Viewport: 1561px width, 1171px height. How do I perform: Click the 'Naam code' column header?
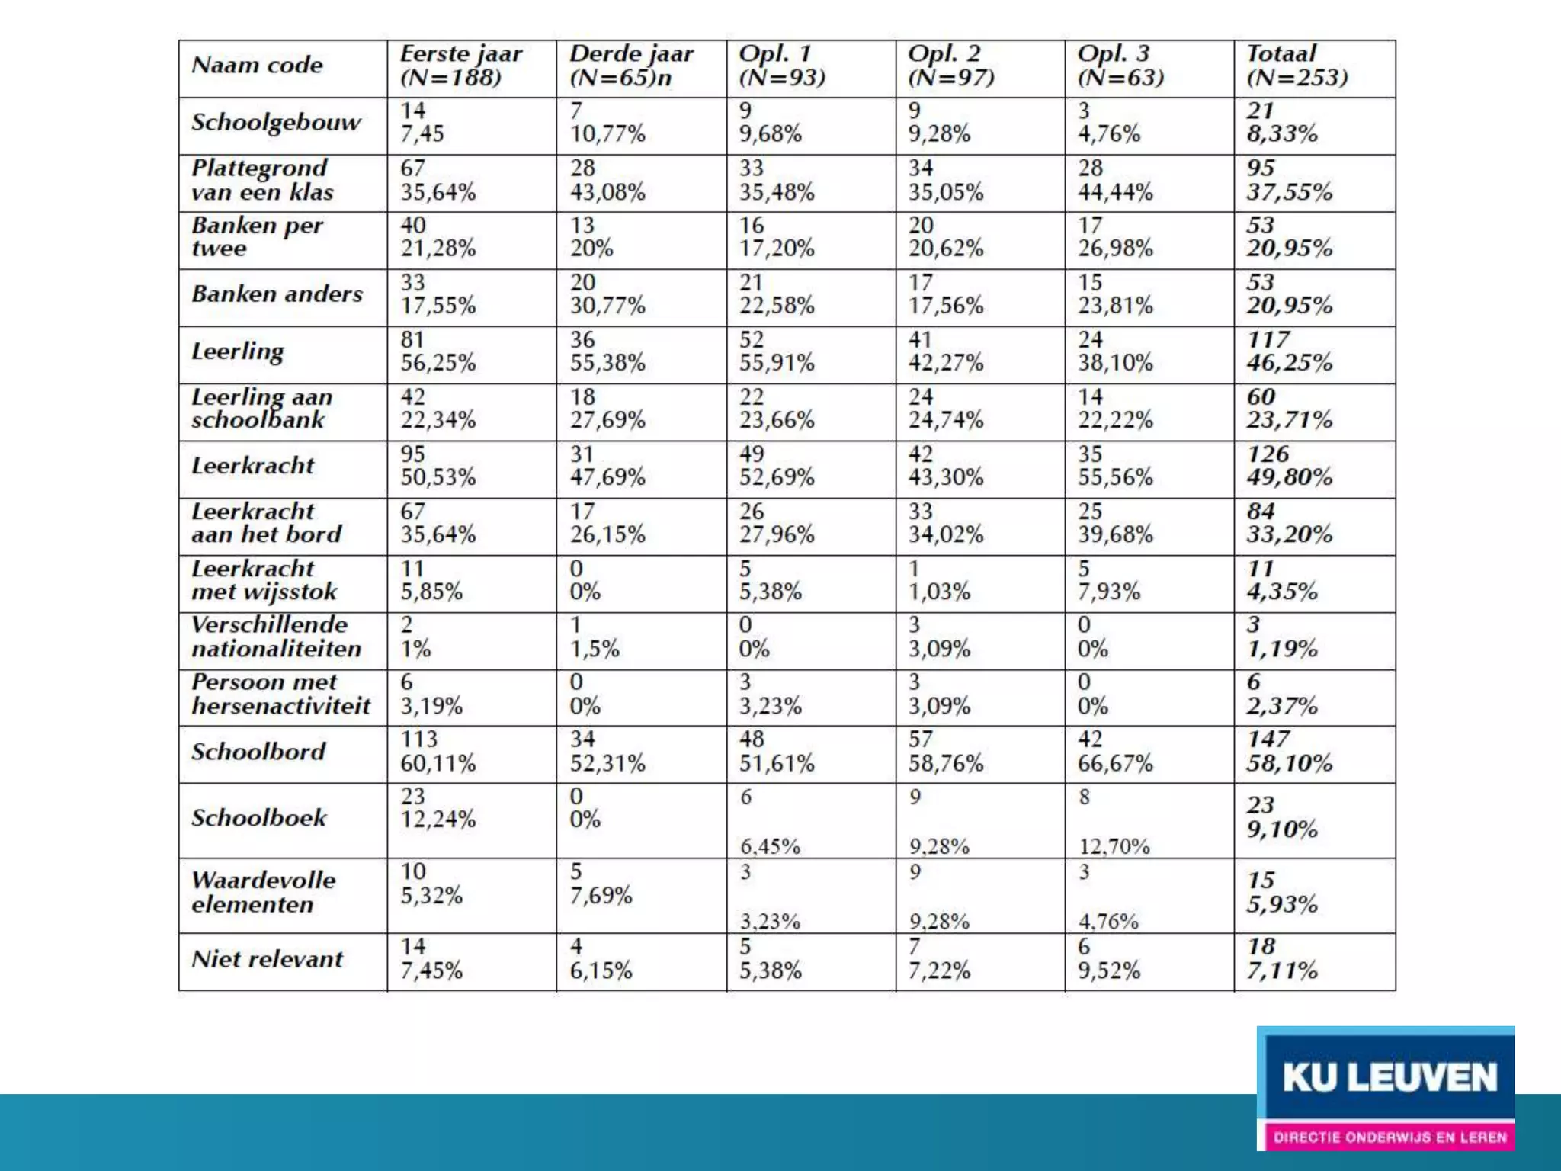click(x=258, y=66)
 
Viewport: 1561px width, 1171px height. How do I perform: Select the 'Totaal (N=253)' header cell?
click(x=1297, y=66)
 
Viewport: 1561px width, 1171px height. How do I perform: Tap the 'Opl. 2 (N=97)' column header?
click(x=951, y=66)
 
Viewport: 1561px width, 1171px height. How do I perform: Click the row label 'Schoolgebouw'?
click(x=276, y=123)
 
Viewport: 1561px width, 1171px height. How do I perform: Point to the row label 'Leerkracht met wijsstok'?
click(x=264, y=580)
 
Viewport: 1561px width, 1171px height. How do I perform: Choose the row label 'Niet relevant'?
click(x=268, y=959)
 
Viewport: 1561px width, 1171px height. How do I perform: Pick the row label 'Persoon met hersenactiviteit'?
click(x=280, y=695)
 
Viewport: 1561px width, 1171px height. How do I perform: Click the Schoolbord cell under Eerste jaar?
click(x=438, y=752)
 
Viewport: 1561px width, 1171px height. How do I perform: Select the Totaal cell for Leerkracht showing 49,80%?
click(x=1290, y=466)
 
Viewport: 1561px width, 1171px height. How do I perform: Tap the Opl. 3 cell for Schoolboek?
click(x=1114, y=821)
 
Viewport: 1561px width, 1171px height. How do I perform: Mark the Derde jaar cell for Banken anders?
click(x=607, y=294)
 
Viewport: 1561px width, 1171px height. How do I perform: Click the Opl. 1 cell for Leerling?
click(x=777, y=351)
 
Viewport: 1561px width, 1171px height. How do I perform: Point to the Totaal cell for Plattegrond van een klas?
click(x=1290, y=180)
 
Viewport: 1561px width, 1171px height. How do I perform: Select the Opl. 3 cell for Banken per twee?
click(x=1115, y=237)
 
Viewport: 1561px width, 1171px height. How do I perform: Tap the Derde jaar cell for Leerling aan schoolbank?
click(x=607, y=409)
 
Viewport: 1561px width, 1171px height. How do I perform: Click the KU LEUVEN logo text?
click(x=1390, y=1078)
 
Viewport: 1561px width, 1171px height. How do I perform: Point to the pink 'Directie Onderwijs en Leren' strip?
click(x=1390, y=1137)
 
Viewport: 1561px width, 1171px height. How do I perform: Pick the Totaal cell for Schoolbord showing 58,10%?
click(x=1290, y=752)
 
